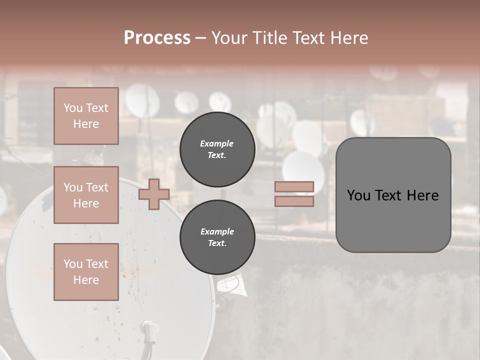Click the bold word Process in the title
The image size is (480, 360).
pyautogui.click(x=157, y=37)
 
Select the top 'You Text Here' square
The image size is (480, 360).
pyautogui.click(x=86, y=116)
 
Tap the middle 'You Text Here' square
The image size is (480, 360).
pyautogui.click(x=86, y=195)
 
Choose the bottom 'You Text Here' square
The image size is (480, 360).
pyautogui.click(x=86, y=271)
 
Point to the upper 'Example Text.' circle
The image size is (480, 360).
pyautogui.click(x=217, y=149)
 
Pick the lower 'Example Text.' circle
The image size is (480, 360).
pyautogui.click(x=217, y=237)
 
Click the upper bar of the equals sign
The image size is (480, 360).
pyautogui.click(x=294, y=186)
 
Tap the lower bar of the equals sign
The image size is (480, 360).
pyautogui.click(x=294, y=201)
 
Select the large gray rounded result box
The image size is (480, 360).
pyautogui.click(x=393, y=195)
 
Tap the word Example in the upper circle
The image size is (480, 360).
pyautogui.click(x=217, y=143)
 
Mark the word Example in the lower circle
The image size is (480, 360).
pyautogui.click(x=217, y=231)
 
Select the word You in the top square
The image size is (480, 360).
pyautogui.click(x=73, y=108)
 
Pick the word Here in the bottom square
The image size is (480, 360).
pyautogui.click(x=86, y=280)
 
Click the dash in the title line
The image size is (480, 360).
pyautogui.click(x=201, y=38)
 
